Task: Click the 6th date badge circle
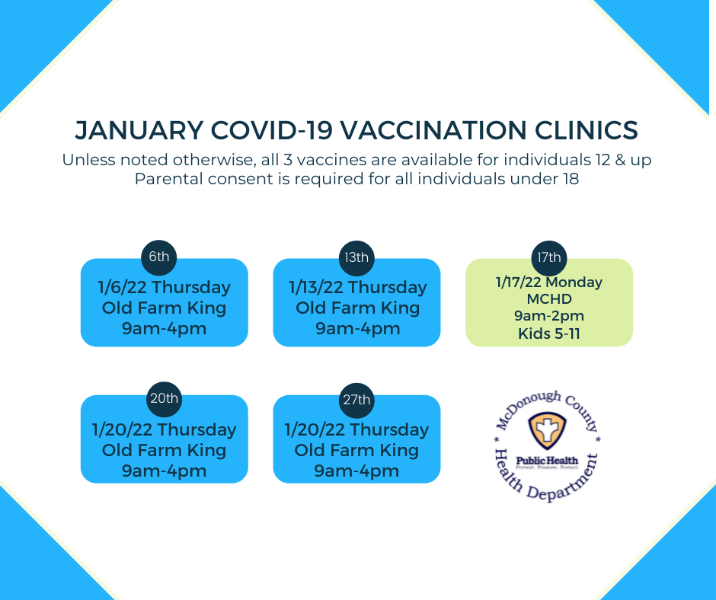pyautogui.click(x=159, y=257)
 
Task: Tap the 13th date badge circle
pyautogui.click(x=356, y=258)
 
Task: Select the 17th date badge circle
pyautogui.click(x=549, y=258)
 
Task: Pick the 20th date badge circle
pyautogui.click(x=164, y=399)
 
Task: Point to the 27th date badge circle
pyautogui.click(x=356, y=401)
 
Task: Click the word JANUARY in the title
pyautogui.click(x=139, y=130)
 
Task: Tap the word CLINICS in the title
pyautogui.click(x=586, y=130)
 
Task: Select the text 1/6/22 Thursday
pyautogui.click(x=165, y=288)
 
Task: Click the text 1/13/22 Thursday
pyautogui.click(x=357, y=288)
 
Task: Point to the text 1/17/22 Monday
pyautogui.click(x=549, y=282)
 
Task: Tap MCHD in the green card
pyautogui.click(x=549, y=299)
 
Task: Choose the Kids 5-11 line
pyautogui.click(x=549, y=334)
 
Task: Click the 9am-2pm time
pyautogui.click(x=549, y=316)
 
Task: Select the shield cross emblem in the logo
pyautogui.click(x=547, y=430)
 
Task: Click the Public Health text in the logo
pyautogui.click(x=547, y=461)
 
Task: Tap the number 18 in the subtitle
pyautogui.click(x=571, y=178)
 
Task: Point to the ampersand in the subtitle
pyautogui.click(x=620, y=160)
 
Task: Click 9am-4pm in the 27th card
pyautogui.click(x=356, y=471)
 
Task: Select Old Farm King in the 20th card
pyautogui.click(x=164, y=450)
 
